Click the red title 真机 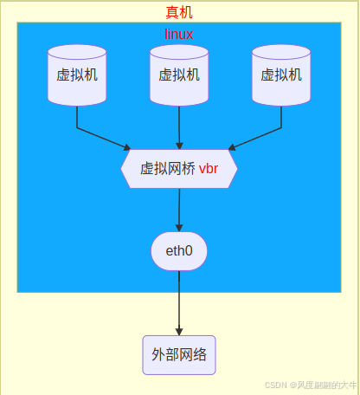click(x=179, y=12)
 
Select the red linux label click(x=179, y=35)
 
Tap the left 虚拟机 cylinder click(x=77, y=75)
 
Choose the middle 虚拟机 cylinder click(x=179, y=75)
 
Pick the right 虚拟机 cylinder click(x=281, y=75)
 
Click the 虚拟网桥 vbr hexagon click(x=179, y=169)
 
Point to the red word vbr click(x=209, y=169)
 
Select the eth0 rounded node click(x=179, y=251)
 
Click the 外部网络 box click(x=179, y=355)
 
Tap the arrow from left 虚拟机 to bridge click(x=87, y=131)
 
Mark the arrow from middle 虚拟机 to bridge click(x=179, y=128)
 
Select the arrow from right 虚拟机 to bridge click(x=272, y=131)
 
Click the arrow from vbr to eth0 click(x=179, y=210)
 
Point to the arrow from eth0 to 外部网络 click(x=179, y=303)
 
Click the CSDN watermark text click(x=311, y=385)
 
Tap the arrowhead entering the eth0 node click(x=179, y=228)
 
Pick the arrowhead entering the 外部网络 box click(x=179, y=332)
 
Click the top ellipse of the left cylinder click(x=77, y=52)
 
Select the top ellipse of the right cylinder click(x=281, y=52)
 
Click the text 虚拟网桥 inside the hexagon click(x=168, y=169)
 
